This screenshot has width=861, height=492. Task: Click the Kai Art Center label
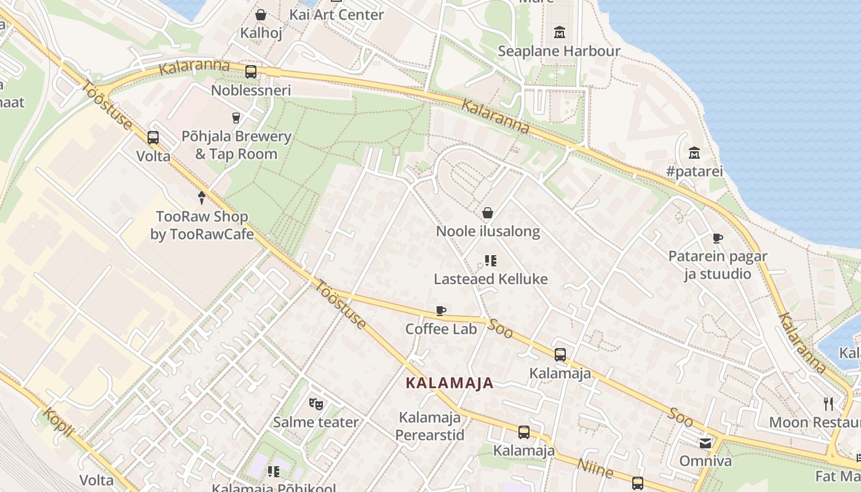point(336,14)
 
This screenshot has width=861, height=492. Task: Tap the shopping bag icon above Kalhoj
point(261,14)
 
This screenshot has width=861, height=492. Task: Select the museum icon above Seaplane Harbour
point(560,32)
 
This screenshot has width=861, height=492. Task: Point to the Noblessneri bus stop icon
point(251,71)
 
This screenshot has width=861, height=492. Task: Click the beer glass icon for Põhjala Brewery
point(236,117)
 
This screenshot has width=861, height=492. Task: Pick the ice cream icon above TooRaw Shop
point(201,197)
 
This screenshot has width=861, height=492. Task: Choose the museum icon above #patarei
point(694,152)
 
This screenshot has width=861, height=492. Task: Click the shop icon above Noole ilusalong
point(488,213)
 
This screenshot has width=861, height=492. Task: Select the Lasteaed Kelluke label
point(491,279)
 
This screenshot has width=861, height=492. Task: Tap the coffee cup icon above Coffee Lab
point(440,311)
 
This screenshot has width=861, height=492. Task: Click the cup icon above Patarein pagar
point(717,238)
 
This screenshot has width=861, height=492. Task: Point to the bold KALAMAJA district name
point(450,383)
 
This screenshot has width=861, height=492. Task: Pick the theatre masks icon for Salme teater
point(316,403)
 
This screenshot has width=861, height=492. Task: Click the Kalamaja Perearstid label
point(430,426)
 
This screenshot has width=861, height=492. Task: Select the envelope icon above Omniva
point(705,443)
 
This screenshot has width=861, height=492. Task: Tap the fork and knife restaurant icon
point(828,404)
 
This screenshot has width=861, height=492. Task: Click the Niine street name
point(595,468)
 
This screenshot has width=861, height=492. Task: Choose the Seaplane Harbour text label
point(559,51)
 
